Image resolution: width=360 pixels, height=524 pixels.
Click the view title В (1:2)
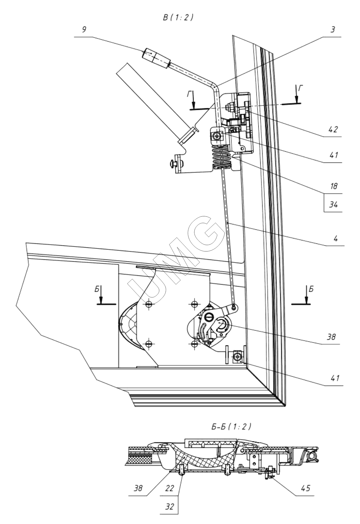(x=178, y=17)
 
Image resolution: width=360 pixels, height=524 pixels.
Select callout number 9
(x=84, y=30)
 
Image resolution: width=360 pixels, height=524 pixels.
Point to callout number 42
(x=333, y=129)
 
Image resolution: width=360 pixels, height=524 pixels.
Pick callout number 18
(x=334, y=186)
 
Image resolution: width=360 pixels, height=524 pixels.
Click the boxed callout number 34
(x=334, y=205)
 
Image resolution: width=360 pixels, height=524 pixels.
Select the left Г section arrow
(x=193, y=102)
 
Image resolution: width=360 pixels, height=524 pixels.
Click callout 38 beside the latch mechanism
(x=331, y=337)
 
